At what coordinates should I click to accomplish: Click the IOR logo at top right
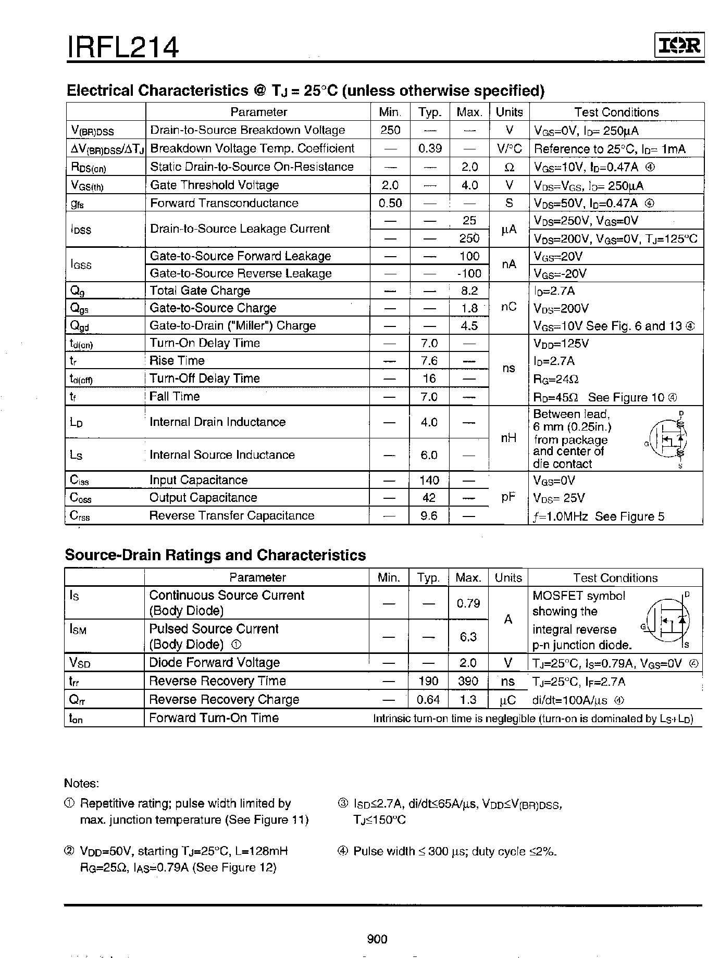(x=679, y=46)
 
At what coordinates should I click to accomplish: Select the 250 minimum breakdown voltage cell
(x=390, y=130)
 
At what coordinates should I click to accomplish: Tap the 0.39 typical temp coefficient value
(x=430, y=148)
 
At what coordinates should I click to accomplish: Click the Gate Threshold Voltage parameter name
(x=214, y=185)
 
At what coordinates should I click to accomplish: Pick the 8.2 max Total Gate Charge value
(x=469, y=291)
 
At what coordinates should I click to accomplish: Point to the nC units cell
(x=508, y=307)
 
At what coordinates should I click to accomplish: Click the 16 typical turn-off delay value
(x=429, y=379)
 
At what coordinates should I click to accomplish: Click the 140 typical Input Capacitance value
(x=429, y=480)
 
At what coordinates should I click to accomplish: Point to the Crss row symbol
(x=80, y=515)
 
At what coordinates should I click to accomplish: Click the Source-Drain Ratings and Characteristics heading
(x=215, y=555)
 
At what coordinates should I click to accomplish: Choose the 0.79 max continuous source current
(x=468, y=603)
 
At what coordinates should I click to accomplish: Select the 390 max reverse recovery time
(x=468, y=681)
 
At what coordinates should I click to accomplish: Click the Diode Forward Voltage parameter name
(x=214, y=662)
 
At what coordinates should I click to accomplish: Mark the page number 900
(x=377, y=939)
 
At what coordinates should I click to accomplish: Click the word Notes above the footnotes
(x=81, y=784)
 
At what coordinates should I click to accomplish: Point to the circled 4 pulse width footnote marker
(x=342, y=851)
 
